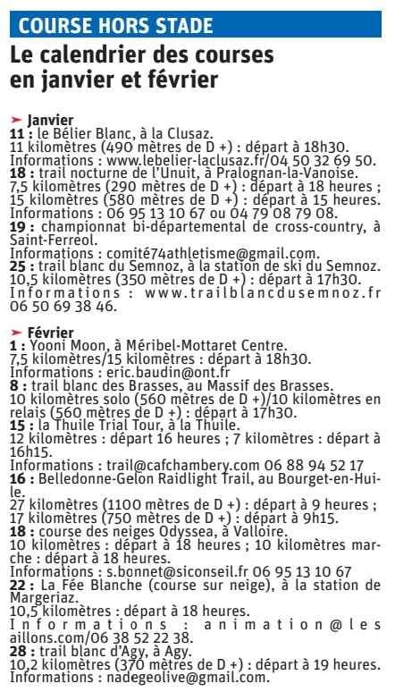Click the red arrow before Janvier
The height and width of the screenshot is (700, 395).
(16, 119)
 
